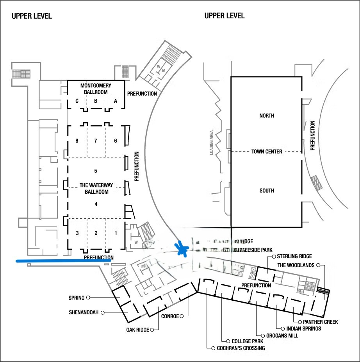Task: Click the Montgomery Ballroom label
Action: (x=96, y=89)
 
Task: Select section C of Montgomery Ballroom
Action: (x=77, y=101)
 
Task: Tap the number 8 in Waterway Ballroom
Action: (x=77, y=141)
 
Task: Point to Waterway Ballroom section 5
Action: (x=96, y=171)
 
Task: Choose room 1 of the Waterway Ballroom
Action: (x=116, y=233)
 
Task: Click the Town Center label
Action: (x=267, y=152)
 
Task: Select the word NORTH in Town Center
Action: (x=267, y=116)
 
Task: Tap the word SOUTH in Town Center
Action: (x=267, y=191)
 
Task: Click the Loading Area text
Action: (x=211, y=143)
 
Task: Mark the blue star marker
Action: (x=182, y=248)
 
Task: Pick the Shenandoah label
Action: (x=84, y=312)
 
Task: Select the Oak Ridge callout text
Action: (x=137, y=330)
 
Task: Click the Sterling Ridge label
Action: (x=294, y=257)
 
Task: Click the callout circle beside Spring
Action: (x=88, y=298)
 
